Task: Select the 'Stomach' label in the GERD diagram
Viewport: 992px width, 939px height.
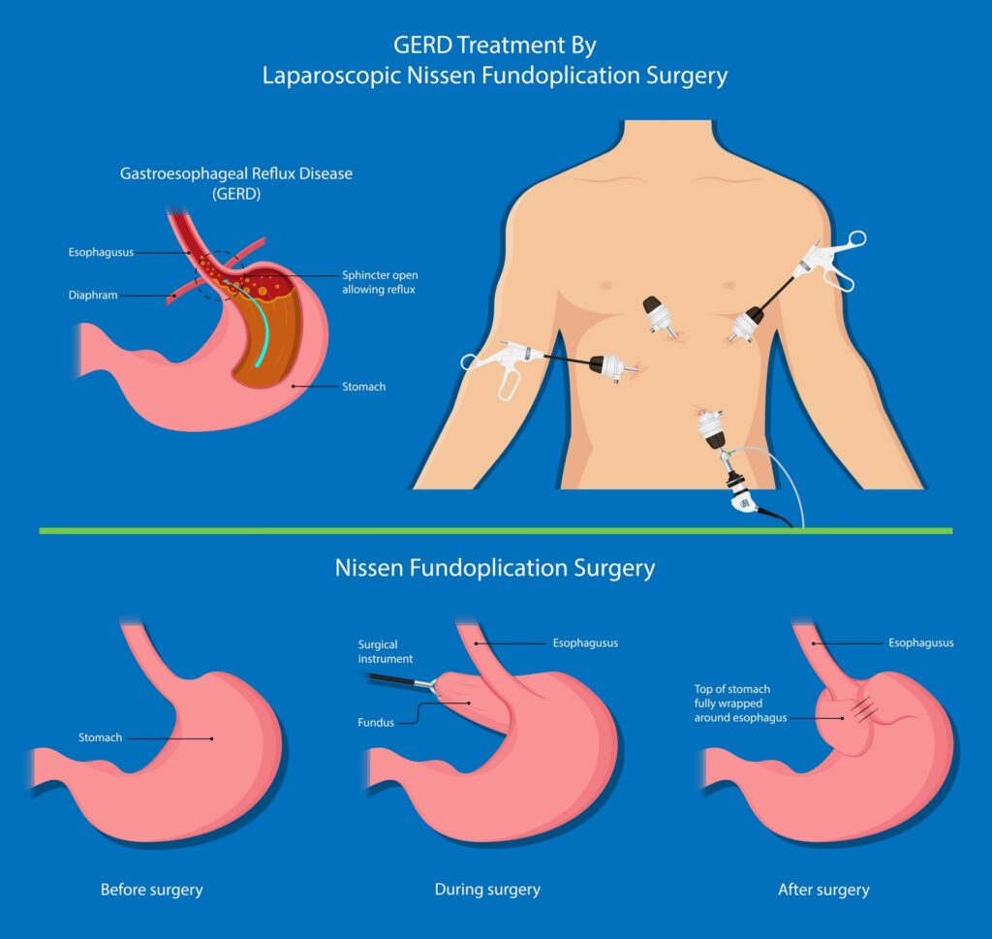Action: (x=363, y=387)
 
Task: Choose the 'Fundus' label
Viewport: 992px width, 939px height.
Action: (x=376, y=722)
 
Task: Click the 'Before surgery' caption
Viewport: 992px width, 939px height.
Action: (x=152, y=889)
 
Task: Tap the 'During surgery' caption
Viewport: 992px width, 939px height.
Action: (x=487, y=889)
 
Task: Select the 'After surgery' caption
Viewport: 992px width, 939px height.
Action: (x=823, y=889)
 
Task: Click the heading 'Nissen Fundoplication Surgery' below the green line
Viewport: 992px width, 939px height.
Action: (x=495, y=568)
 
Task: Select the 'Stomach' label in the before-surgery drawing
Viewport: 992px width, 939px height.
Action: (x=100, y=737)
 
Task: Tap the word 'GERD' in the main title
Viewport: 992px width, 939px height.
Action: (x=425, y=45)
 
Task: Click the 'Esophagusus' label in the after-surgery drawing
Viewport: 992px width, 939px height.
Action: (x=920, y=642)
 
